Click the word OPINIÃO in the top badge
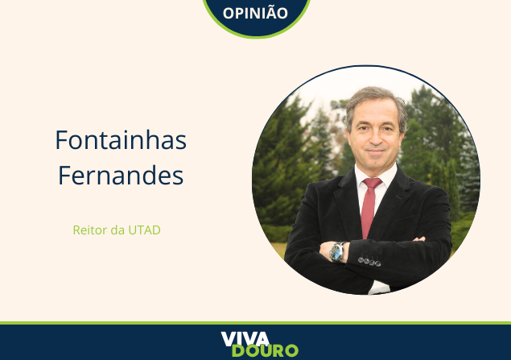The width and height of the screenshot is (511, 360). coord(255,13)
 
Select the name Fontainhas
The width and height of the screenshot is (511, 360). coord(121,140)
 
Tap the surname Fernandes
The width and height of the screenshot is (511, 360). coord(121,175)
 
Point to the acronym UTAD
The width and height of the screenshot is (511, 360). coord(144,230)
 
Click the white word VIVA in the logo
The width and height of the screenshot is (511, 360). coord(245,339)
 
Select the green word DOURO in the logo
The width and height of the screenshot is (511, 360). coord(265,351)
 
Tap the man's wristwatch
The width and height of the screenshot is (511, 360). coord(337,252)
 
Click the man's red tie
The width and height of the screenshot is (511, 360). coord(370,207)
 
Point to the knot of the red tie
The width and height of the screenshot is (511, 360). coord(373,183)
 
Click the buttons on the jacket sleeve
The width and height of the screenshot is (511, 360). coord(369,262)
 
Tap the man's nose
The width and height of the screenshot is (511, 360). coord(375,137)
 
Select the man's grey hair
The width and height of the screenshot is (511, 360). coord(377,101)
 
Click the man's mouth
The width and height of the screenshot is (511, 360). coord(376,151)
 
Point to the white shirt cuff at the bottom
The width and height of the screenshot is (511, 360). coord(379,288)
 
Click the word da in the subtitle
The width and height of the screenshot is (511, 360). coord(117,230)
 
